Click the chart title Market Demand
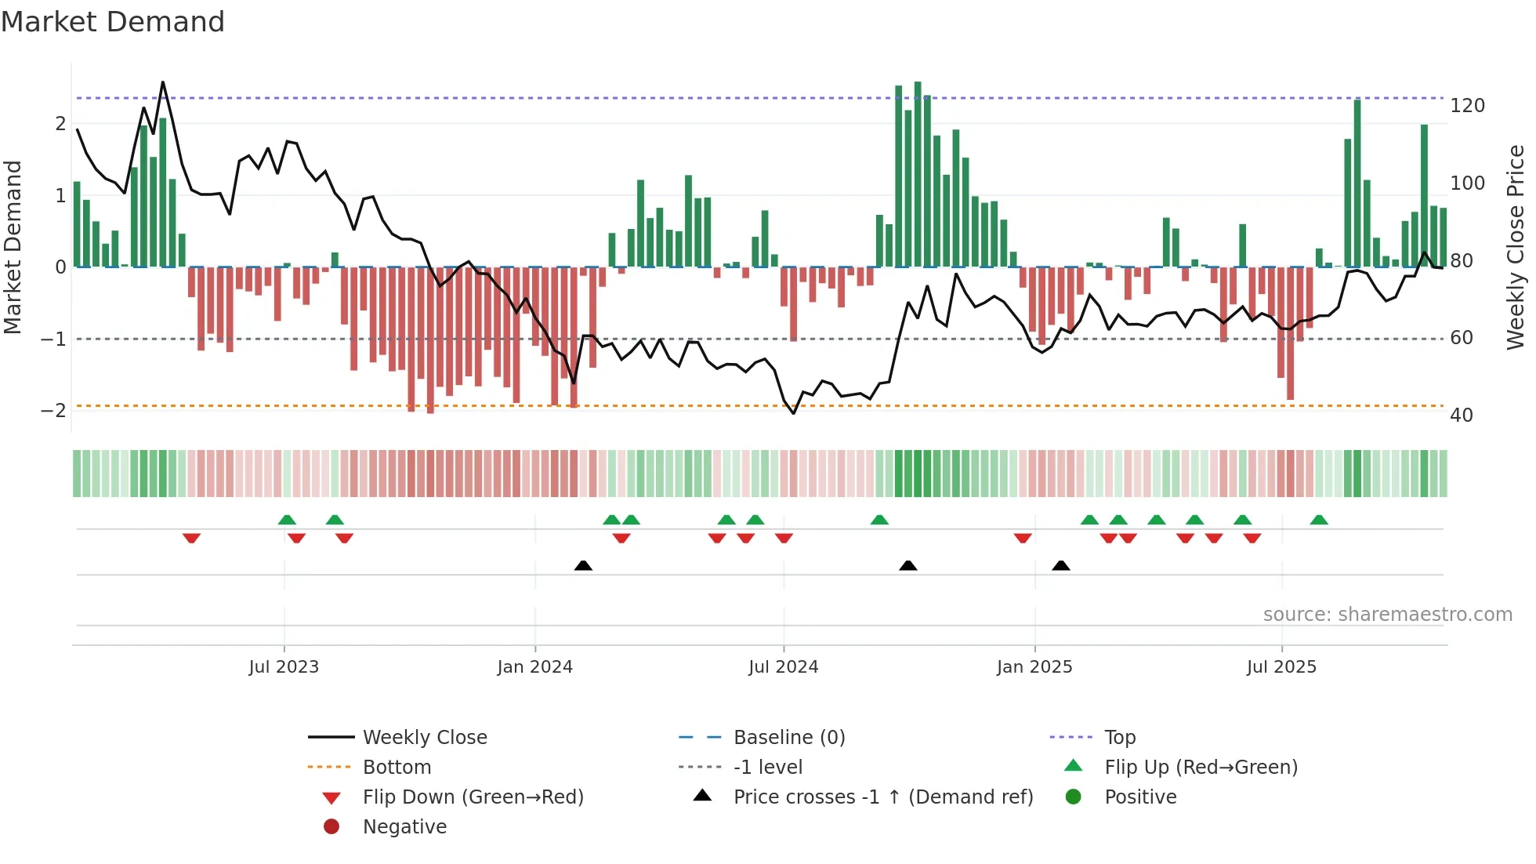click(113, 22)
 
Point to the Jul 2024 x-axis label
click(783, 667)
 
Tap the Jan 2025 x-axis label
click(1034, 667)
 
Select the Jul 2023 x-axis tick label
click(284, 667)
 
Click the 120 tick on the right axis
click(1467, 106)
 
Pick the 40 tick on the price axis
click(1461, 416)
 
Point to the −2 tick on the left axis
click(53, 411)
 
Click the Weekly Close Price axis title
click(1516, 247)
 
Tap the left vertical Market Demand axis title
click(13, 247)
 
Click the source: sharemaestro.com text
click(1387, 615)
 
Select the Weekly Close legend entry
click(424, 738)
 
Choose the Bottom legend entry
click(397, 768)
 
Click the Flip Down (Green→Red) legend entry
click(473, 797)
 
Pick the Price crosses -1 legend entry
click(882, 797)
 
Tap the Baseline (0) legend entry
click(788, 738)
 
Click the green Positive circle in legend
click(1074, 797)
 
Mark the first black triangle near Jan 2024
click(583, 566)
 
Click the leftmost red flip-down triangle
click(191, 538)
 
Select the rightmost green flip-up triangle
click(1319, 520)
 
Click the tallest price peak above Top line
click(163, 82)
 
